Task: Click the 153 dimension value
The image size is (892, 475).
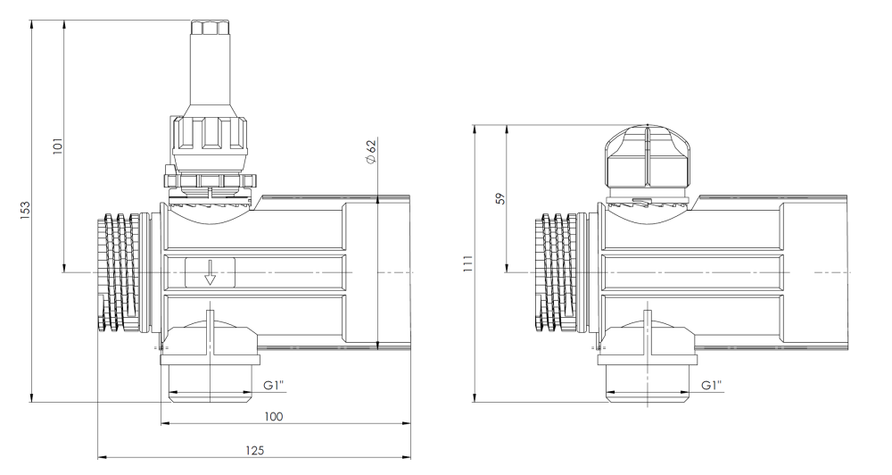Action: (24, 210)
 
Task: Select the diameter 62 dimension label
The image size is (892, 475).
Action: (371, 152)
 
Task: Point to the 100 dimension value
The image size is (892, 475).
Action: (274, 416)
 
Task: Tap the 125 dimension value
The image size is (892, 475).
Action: (255, 451)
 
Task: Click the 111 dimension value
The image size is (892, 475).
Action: (467, 263)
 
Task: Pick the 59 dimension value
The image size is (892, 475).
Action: (500, 198)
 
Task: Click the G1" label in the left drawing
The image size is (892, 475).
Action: (274, 385)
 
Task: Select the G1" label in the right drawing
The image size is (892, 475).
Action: (711, 385)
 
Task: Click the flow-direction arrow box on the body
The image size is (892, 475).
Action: (210, 272)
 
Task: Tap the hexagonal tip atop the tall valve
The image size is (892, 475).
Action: (210, 28)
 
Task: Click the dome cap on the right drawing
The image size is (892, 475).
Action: (648, 155)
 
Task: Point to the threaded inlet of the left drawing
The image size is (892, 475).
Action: (124, 272)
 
